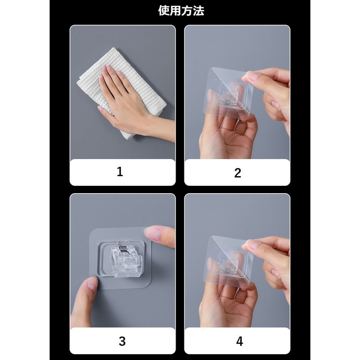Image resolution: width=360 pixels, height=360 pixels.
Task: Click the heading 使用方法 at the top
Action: [181, 11]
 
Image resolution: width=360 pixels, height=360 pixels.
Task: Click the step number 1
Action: [120, 172]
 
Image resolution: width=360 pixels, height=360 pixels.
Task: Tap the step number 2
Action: [237, 173]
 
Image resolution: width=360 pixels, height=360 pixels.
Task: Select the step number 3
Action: [122, 341]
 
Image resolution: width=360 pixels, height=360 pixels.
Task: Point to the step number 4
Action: [239, 341]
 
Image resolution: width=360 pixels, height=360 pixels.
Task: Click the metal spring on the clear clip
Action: [123, 249]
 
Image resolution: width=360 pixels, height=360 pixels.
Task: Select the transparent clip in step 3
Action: [126, 259]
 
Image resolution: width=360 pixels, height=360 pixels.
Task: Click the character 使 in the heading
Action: [163, 11]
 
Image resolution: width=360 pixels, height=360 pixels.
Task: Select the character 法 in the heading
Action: [198, 11]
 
